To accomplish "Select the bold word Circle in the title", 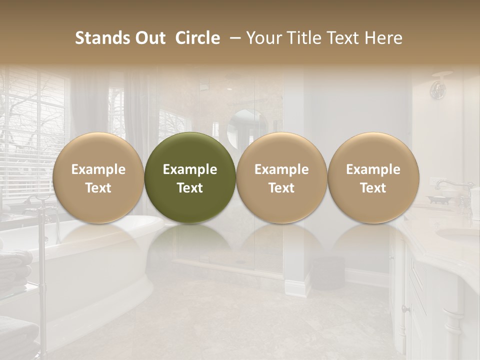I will coord(197,38).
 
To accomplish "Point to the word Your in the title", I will coord(263,38).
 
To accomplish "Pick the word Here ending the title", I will coord(385,38).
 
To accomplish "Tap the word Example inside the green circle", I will coord(190,169).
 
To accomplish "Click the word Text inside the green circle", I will coord(190,188).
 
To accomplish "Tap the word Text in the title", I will coord(343,38).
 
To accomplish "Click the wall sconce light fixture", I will coord(439,87).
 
